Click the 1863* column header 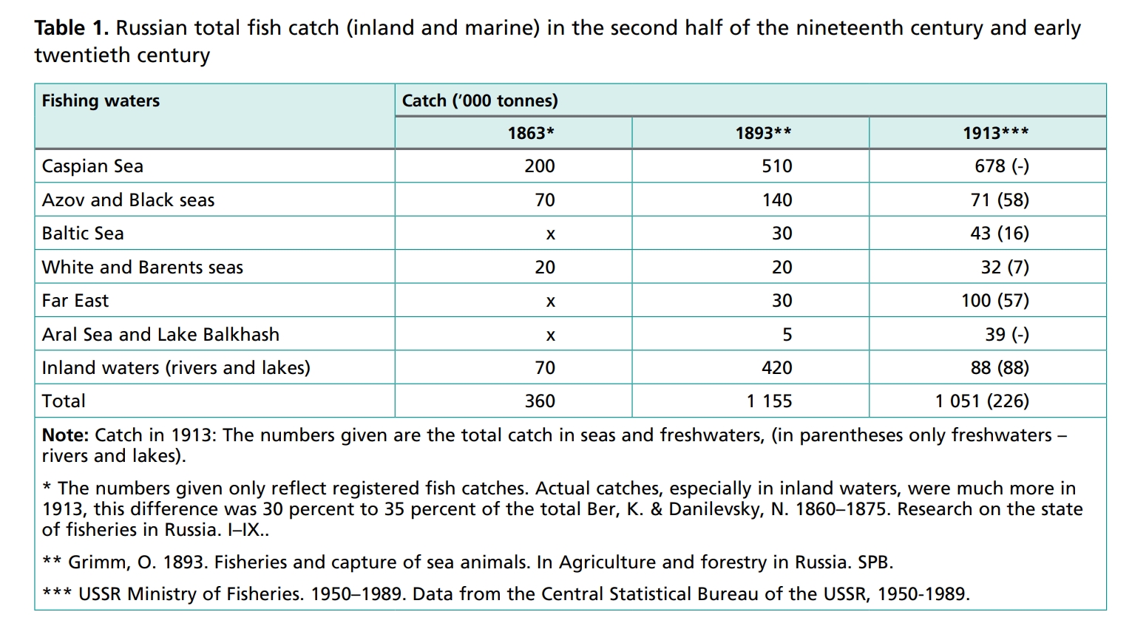(530, 133)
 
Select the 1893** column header (763, 133)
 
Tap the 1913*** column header (995, 133)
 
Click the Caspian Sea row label (92, 166)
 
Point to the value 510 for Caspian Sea (776, 166)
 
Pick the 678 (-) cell (1001, 166)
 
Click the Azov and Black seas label (128, 200)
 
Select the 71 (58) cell (1000, 200)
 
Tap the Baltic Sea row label (83, 234)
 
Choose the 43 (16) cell (1000, 234)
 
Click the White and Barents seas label (142, 268)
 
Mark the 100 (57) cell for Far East (994, 301)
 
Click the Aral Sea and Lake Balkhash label (160, 335)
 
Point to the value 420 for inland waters (776, 368)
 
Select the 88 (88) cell (1000, 368)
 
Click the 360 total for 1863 (540, 401)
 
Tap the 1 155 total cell (769, 401)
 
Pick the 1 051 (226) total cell (981, 401)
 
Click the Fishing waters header (101, 101)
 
